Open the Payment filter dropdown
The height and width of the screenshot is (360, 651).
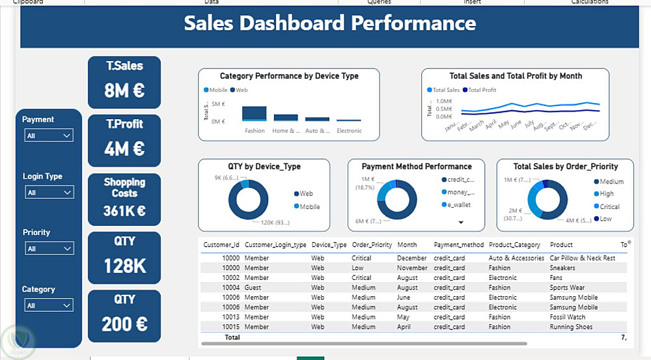click(49, 135)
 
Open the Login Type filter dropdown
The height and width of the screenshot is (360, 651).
click(49, 193)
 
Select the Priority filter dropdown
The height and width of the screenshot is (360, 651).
click(49, 249)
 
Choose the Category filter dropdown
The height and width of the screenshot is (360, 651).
click(49, 305)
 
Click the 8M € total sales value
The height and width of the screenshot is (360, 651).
click(124, 90)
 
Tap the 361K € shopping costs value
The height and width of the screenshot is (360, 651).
click(124, 211)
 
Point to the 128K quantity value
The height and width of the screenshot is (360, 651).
click(124, 266)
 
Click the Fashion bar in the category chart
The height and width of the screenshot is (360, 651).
click(255, 113)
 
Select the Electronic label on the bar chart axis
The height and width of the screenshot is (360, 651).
click(349, 131)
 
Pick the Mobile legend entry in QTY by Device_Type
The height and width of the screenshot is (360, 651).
click(309, 206)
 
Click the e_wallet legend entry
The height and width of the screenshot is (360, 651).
click(458, 204)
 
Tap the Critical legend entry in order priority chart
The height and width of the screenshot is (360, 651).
click(609, 206)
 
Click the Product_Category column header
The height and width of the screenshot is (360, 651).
click(514, 245)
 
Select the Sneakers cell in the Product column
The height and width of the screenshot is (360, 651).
click(562, 268)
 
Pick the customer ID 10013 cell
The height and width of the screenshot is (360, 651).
click(230, 317)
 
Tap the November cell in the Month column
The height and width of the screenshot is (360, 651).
click(412, 268)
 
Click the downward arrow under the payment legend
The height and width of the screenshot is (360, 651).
click(461, 223)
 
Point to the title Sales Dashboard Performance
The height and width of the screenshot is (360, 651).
click(329, 23)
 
